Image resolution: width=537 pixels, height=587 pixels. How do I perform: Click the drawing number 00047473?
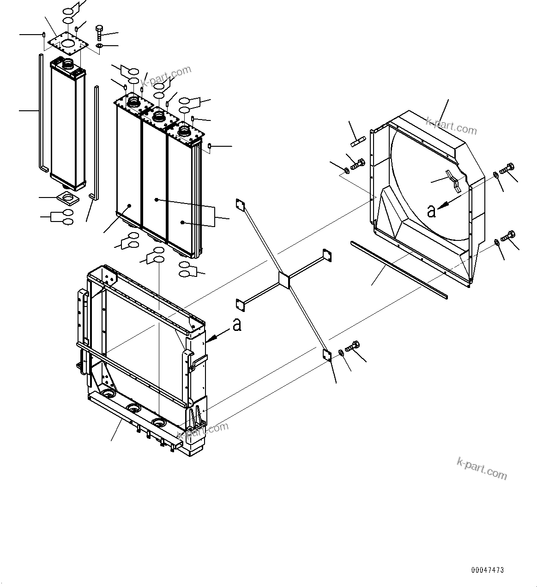tap(487, 570)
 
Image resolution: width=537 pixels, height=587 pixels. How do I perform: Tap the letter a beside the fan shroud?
tap(431, 211)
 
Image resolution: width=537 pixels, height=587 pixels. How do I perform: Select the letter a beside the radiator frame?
tap(237, 325)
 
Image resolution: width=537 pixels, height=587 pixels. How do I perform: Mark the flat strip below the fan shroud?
tap(399, 268)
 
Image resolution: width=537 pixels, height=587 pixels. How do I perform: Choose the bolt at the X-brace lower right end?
tap(353, 347)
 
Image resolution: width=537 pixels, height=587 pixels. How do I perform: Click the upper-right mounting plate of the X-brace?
tap(327, 255)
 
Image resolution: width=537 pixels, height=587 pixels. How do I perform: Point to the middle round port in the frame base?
tap(134, 407)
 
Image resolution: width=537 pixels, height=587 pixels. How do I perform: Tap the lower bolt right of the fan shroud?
tap(507, 236)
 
